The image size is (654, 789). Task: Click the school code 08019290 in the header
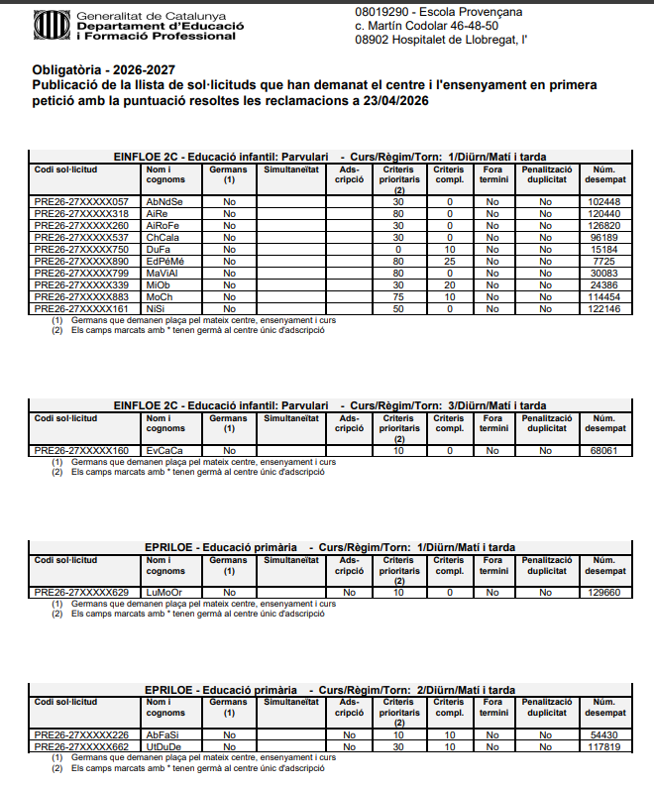381,11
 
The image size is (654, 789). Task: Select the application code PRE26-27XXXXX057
81,202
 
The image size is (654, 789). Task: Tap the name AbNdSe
164,202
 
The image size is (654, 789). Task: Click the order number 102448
603,202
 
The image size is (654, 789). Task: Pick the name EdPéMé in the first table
164,262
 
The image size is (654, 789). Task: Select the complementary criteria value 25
449,262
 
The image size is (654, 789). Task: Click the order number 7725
603,262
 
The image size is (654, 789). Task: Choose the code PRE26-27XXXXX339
81,285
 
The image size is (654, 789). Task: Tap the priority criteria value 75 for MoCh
398,297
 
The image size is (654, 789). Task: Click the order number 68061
603,451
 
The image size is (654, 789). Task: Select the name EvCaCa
164,451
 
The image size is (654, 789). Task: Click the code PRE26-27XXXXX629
81,593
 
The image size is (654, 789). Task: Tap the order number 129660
603,593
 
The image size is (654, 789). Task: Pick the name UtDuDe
163,746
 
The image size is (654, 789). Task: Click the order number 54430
603,734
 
